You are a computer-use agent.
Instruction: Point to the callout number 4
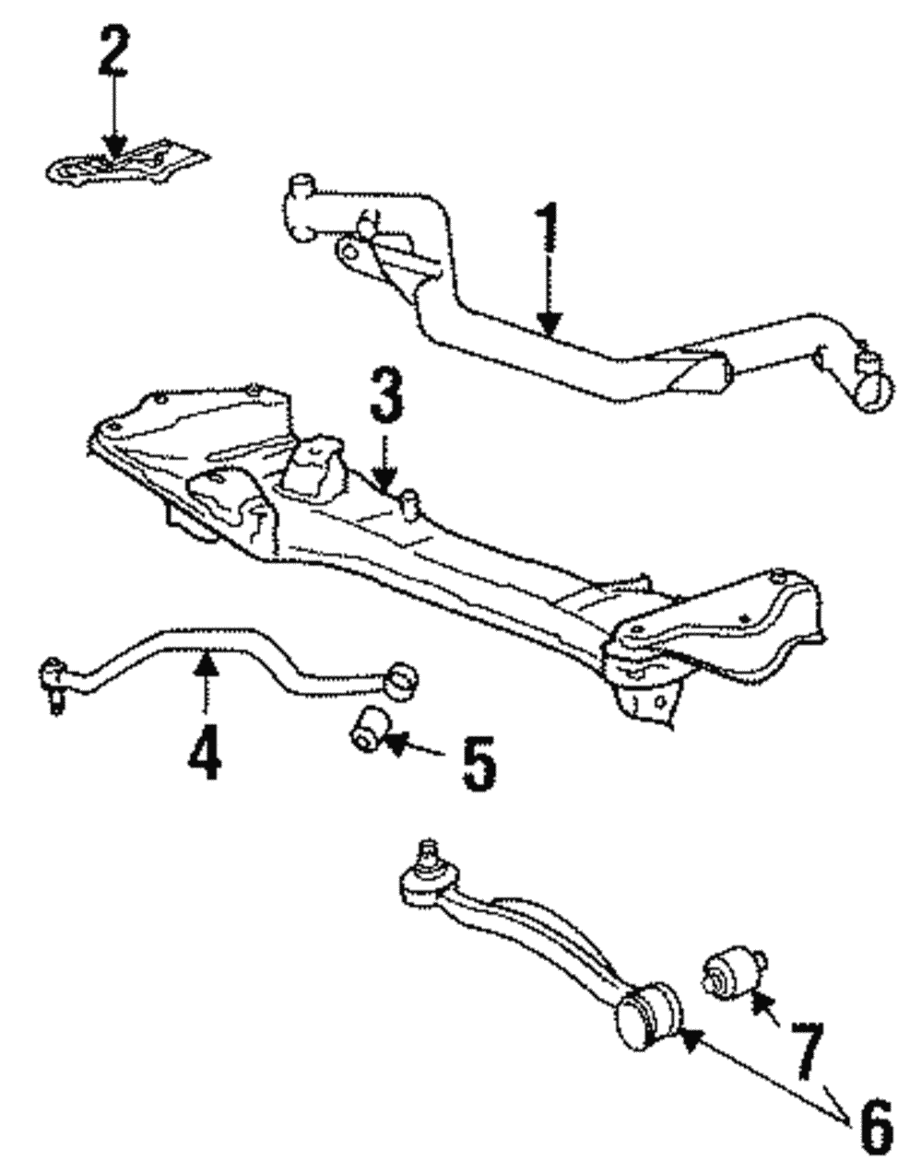pos(204,749)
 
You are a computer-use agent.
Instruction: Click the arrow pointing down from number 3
pos(387,461)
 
